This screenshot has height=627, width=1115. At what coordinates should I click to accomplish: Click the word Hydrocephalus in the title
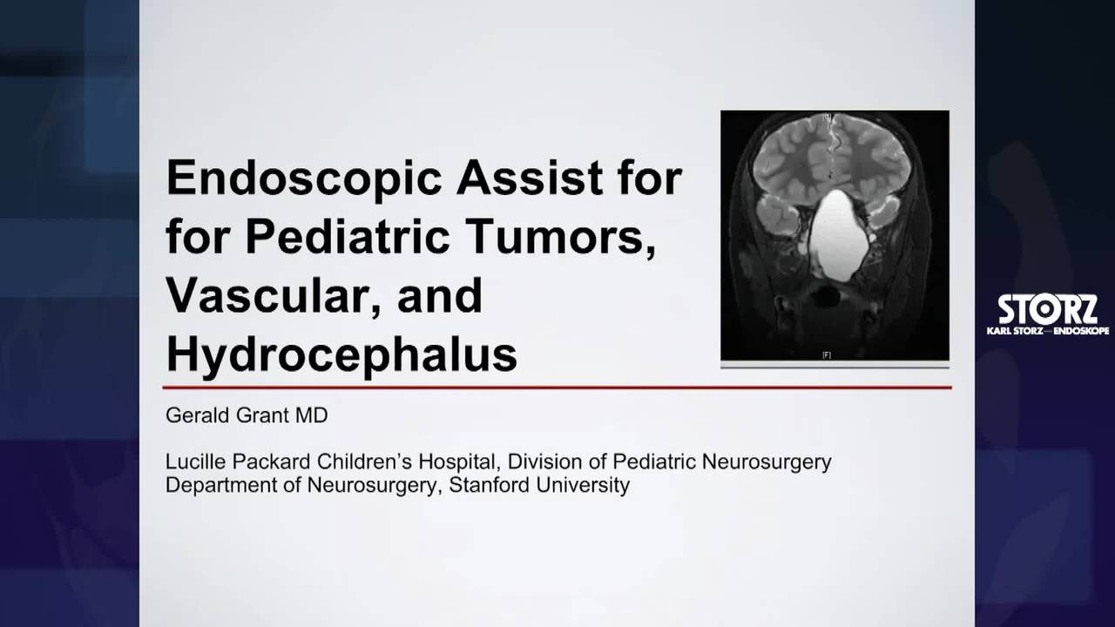[341, 354]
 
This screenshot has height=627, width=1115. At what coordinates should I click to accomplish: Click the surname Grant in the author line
[260, 415]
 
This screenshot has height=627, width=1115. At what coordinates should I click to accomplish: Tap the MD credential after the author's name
[311, 415]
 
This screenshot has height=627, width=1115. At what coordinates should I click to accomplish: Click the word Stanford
[489, 485]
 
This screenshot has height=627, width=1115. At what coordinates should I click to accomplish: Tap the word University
[583, 485]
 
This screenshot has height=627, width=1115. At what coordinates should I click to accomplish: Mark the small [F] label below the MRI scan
[827, 354]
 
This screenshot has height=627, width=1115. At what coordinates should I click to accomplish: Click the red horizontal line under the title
[557, 388]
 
